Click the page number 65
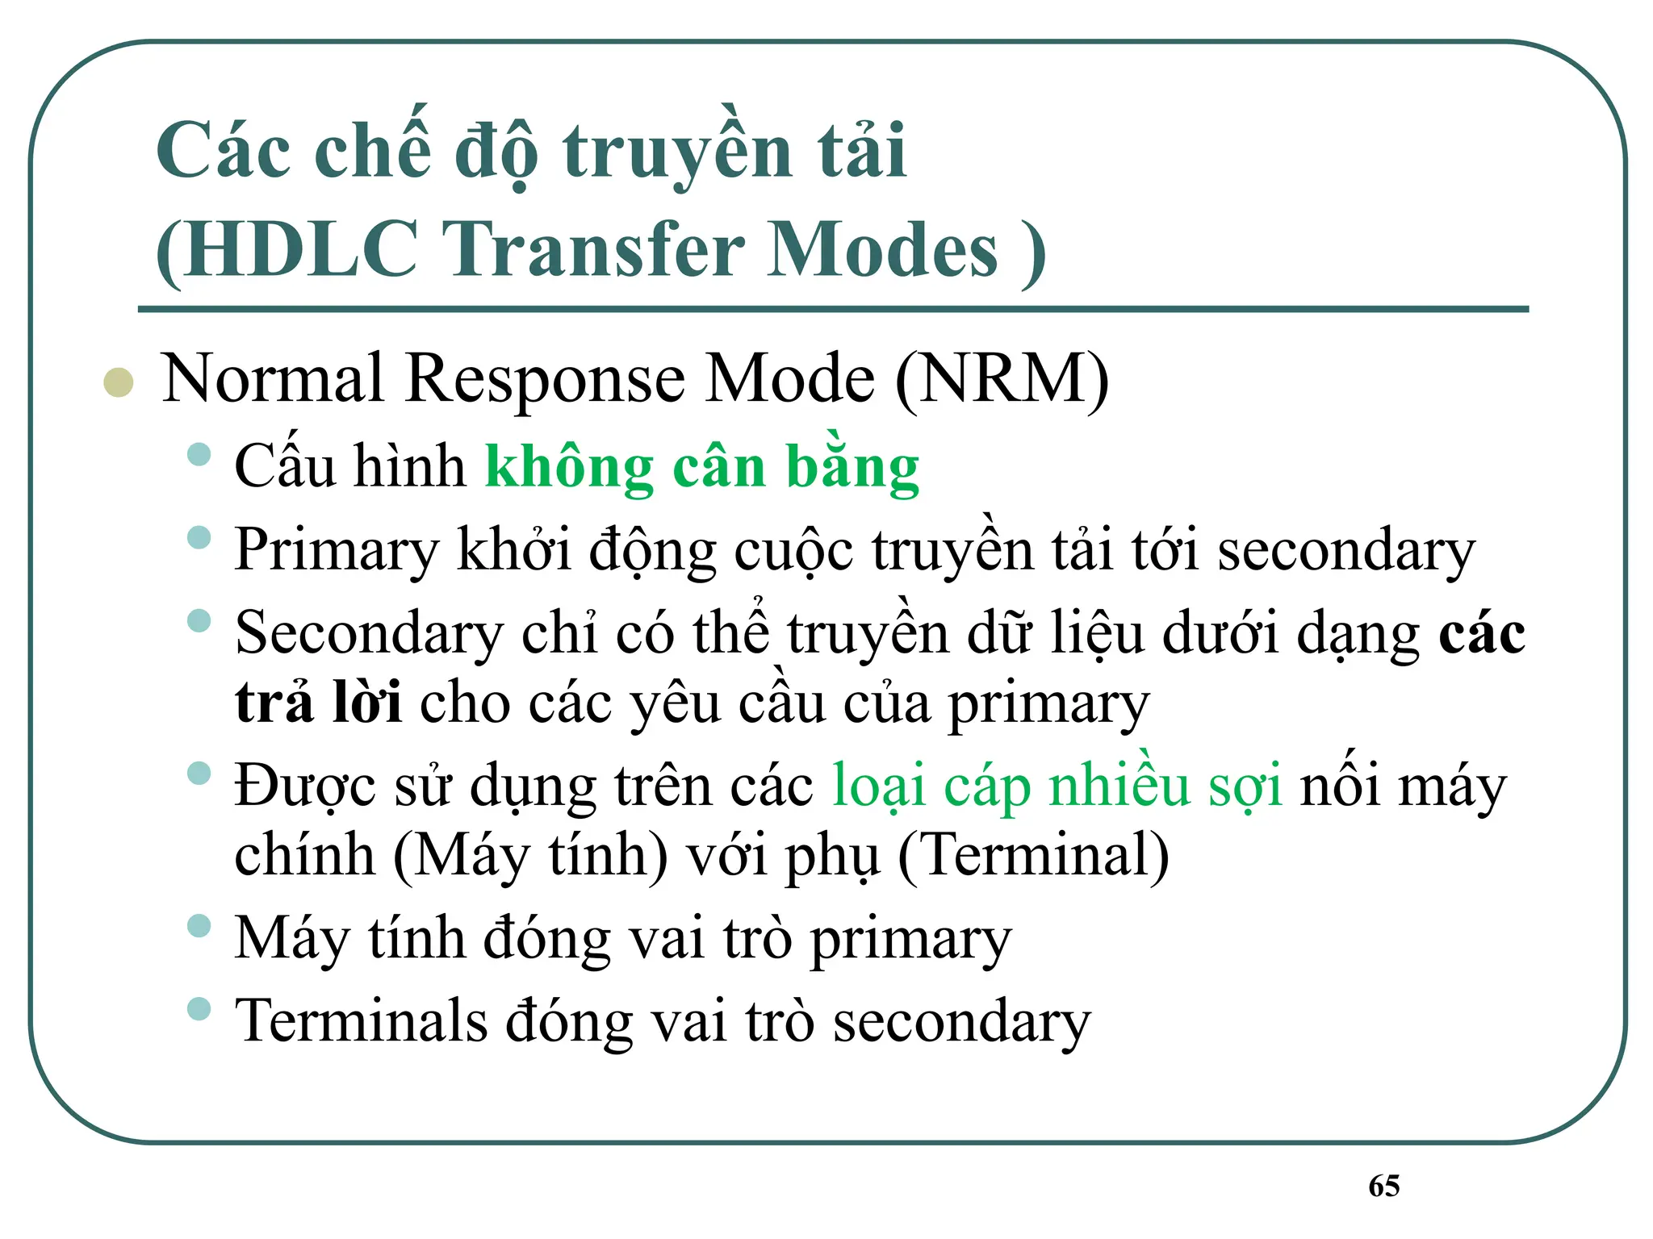[x=1384, y=1186]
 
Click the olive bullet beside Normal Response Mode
[x=119, y=382]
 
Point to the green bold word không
[x=569, y=468]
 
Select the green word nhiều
[x=1119, y=786]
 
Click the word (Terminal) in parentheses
[x=1033, y=855]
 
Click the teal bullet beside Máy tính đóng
[x=199, y=925]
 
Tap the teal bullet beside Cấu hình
[x=199, y=454]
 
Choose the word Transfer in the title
[x=593, y=249]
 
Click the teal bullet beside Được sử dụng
[x=199, y=774]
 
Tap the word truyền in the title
[x=677, y=153]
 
